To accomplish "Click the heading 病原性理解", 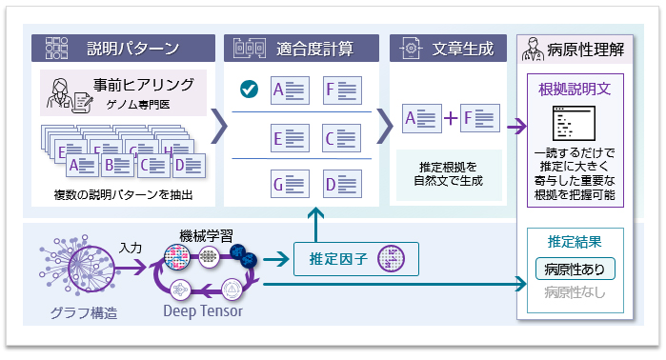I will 584,47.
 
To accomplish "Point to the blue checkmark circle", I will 248,90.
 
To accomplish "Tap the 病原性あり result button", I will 575,269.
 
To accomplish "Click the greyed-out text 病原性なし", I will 575,292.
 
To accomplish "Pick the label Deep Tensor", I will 201,310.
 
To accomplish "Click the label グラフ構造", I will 86,310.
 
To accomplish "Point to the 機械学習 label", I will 206,234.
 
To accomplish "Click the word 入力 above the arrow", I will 131,248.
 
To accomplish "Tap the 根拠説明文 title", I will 575,90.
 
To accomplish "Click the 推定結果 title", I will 575,241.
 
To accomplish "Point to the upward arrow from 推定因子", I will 313,225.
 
